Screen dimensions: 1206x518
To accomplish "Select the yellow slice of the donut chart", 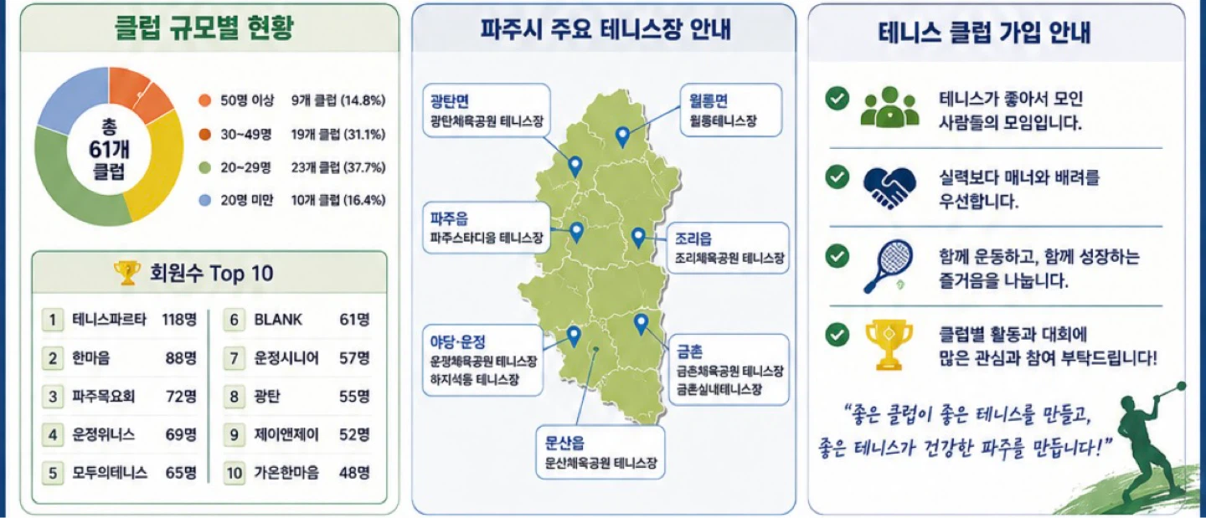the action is [159, 167].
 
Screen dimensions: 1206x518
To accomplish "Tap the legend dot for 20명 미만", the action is [204, 201].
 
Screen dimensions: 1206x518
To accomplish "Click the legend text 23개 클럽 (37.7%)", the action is [338, 167].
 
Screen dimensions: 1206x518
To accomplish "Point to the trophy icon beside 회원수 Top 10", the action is [127, 273].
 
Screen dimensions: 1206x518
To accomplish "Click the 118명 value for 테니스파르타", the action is [179, 320].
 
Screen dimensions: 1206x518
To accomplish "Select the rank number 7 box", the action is [234, 357].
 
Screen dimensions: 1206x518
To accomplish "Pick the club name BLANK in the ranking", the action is [278, 320].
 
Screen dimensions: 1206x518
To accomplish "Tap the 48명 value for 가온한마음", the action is [354, 473].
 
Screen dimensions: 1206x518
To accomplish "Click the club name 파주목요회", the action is [103, 397].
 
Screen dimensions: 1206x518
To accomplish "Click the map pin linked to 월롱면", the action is [622, 137].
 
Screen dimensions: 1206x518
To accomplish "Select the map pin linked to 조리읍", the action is [638, 237].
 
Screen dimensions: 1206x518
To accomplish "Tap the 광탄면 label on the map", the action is [449, 100].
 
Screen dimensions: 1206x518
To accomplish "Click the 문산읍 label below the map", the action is [564, 444].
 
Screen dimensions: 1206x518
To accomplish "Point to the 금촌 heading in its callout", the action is [689, 351].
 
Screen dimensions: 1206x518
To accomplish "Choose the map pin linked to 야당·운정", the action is [574, 336].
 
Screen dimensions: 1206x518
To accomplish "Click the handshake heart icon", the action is [889, 187].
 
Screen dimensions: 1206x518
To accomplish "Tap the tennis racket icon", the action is [889, 266].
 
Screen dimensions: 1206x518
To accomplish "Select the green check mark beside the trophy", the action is [837, 335].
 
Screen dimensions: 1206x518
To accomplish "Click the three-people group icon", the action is [889, 107].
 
